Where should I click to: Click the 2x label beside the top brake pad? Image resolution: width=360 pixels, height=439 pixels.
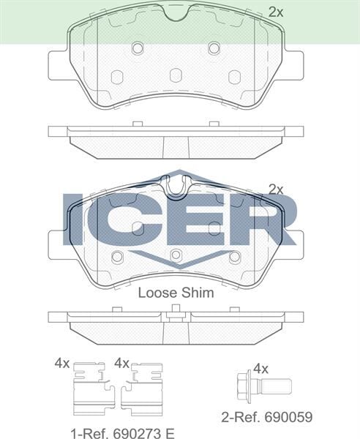click(275, 12)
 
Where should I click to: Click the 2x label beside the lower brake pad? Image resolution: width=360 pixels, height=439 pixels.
click(275, 189)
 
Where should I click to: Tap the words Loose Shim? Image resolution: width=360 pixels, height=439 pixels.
click(176, 293)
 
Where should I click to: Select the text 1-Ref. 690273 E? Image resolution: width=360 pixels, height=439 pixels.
click(124, 433)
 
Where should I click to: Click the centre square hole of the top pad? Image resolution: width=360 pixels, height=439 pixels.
click(175, 75)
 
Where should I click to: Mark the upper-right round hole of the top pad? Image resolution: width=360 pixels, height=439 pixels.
click(214, 48)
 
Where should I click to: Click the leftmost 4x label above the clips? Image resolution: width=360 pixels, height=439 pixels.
click(61, 363)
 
